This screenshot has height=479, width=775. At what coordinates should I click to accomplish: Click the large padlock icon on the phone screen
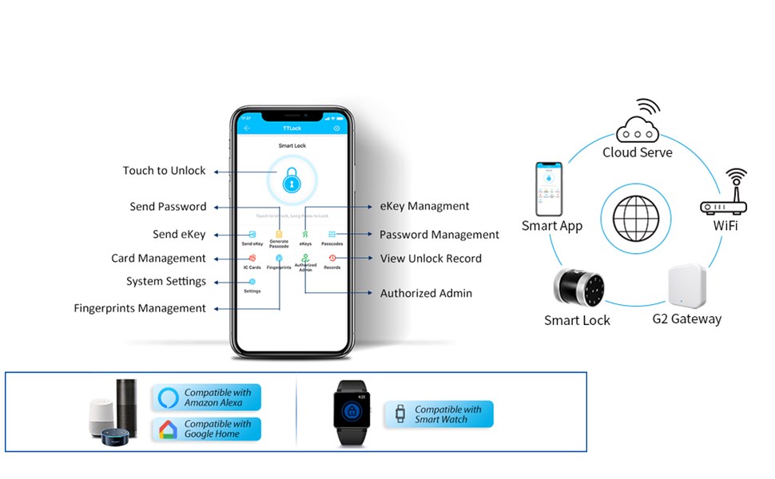[x=292, y=180]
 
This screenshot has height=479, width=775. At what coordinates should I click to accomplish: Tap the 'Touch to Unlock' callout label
[x=164, y=171]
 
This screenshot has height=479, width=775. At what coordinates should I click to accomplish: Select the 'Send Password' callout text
[x=168, y=207]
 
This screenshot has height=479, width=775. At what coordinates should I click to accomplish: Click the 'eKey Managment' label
[x=423, y=206]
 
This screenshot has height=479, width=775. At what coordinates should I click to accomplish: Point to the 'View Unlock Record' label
[x=431, y=259]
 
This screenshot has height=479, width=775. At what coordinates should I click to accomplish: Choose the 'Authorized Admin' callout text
[x=426, y=293]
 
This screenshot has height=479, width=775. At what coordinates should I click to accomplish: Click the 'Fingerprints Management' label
[x=140, y=308]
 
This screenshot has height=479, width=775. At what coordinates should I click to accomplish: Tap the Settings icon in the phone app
[x=252, y=282]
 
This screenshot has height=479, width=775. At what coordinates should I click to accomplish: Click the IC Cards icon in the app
[x=252, y=258]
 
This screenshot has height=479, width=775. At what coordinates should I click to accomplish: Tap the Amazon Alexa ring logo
[x=169, y=398]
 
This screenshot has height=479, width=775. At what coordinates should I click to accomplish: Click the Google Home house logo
[x=169, y=430]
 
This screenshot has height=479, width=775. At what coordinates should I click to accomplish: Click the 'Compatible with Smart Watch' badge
[x=439, y=414]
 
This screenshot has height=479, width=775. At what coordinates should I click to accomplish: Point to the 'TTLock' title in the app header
[x=292, y=128]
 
